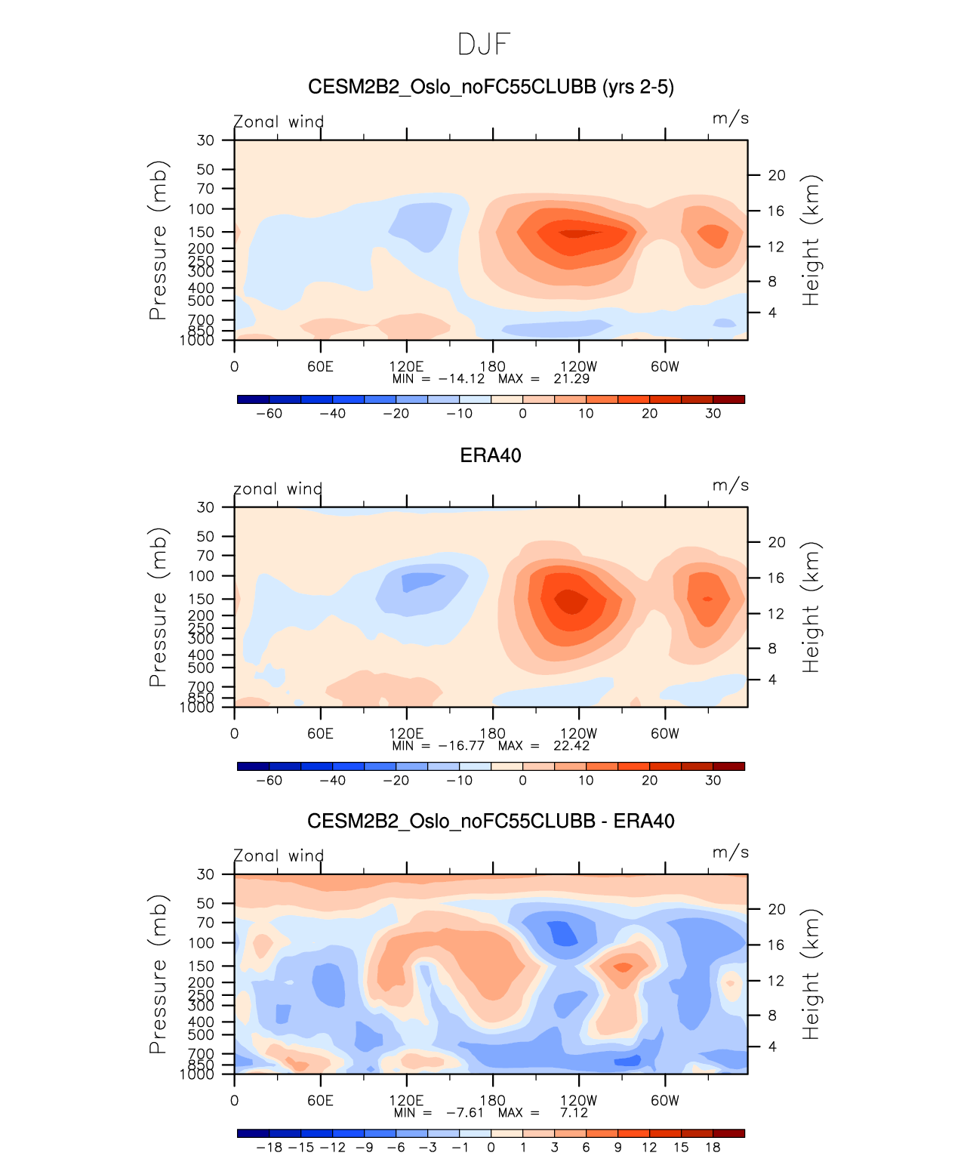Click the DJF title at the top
click(x=484, y=45)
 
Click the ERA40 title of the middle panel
click(x=490, y=455)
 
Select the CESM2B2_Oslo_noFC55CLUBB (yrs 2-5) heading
click(x=491, y=88)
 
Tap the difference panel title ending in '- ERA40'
click(x=491, y=822)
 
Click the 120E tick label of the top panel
click(x=406, y=367)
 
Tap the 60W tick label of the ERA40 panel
click(x=665, y=734)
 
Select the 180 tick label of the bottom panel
click(x=492, y=1101)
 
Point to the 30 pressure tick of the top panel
click(x=205, y=140)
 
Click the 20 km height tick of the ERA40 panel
click(x=777, y=542)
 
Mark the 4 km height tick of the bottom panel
click(x=772, y=1047)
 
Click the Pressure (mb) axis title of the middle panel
click(x=158, y=607)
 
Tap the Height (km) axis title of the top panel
click(x=811, y=240)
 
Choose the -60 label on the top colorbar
click(x=269, y=414)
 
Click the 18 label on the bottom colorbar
click(x=713, y=1148)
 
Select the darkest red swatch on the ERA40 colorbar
click(x=728, y=766)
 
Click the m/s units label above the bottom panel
click(x=730, y=852)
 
